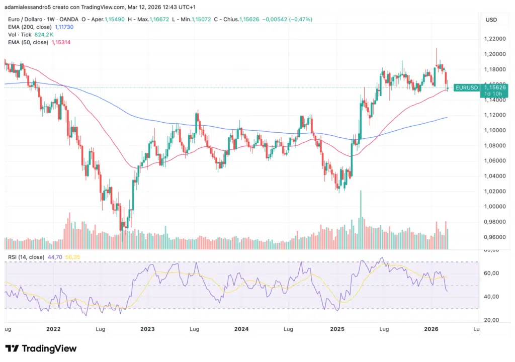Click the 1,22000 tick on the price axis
[495, 39]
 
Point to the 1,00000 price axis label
[495, 207]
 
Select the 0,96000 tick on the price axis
[495, 237]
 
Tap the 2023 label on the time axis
[147, 329]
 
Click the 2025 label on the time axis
[336, 329]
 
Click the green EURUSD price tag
[466, 87]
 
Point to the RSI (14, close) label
[25, 257]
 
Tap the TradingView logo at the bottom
[41, 348]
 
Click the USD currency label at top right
[491, 20]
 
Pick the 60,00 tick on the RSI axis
[491, 273]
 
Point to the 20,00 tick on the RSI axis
[491, 320]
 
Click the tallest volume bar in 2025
[361, 220]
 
